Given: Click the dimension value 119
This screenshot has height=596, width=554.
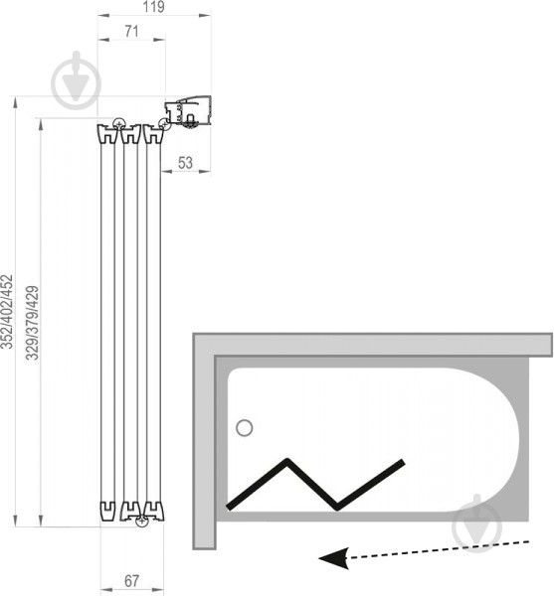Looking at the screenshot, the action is [154, 7].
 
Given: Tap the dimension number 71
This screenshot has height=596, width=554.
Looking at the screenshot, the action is [131, 31].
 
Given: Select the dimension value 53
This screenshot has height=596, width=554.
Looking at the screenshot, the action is [185, 163].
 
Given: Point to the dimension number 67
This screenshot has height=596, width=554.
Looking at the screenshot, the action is [131, 581].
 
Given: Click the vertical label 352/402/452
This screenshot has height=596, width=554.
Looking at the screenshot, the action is [7, 312].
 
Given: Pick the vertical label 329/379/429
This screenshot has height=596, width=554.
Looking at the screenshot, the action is [33, 323].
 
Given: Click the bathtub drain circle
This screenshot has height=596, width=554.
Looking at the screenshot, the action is [245, 428].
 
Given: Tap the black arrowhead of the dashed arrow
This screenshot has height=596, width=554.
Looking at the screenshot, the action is [334, 558].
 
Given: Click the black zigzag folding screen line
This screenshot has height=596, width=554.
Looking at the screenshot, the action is [315, 485].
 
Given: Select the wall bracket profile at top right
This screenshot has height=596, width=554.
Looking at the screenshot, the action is [188, 111].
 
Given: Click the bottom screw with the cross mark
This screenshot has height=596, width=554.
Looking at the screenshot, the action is [142, 521].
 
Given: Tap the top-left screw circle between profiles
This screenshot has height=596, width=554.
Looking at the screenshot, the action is [118, 123].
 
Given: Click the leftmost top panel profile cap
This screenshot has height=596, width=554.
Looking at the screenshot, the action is [108, 134].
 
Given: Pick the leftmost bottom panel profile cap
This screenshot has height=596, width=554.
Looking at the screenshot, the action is [107, 511].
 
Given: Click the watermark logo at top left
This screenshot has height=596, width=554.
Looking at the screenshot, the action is [77, 80].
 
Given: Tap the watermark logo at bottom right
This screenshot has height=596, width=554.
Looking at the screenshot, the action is [477, 523].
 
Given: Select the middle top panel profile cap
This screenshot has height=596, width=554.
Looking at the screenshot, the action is [131, 134].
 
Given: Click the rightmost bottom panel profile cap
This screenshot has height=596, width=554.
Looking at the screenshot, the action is [154, 512].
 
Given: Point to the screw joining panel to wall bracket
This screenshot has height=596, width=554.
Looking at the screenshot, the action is [163, 124].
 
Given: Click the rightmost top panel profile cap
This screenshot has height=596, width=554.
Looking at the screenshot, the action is [153, 134].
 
